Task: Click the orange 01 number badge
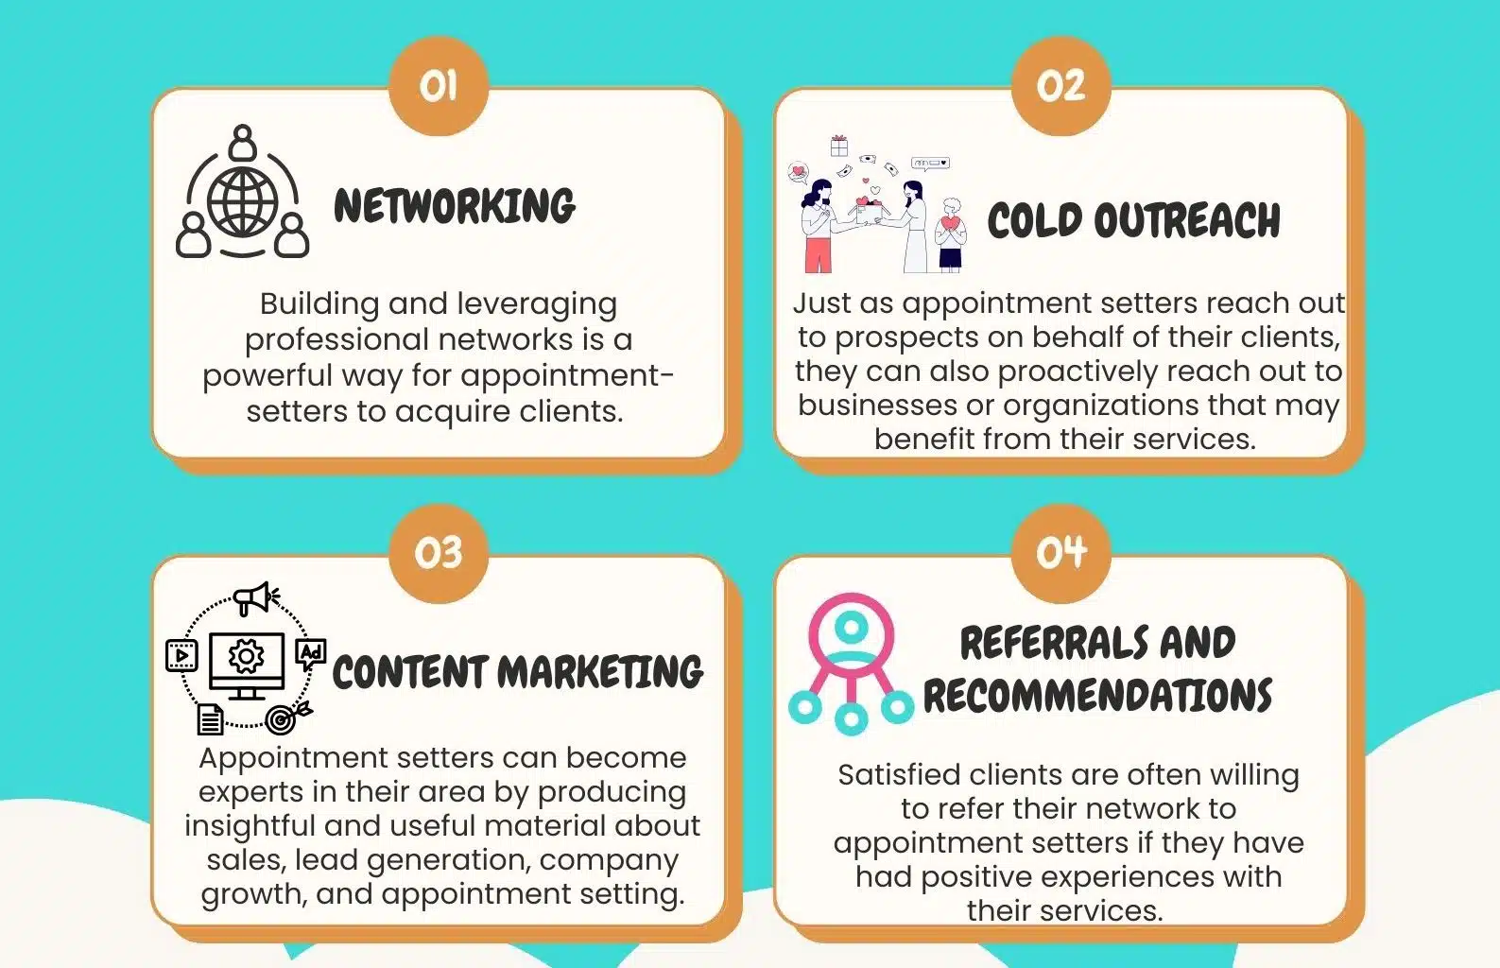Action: (439, 86)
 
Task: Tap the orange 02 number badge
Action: (1060, 86)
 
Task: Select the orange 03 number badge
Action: (439, 553)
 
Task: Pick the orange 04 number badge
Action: (1060, 553)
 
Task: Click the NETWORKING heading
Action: (455, 206)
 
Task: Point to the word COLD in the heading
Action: (1034, 220)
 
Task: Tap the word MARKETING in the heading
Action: (601, 671)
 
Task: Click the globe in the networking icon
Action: (242, 201)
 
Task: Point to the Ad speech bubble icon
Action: (311, 654)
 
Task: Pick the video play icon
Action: (181, 655)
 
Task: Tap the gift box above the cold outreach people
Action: (839, 145)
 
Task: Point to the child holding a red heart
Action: (951, 235)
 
